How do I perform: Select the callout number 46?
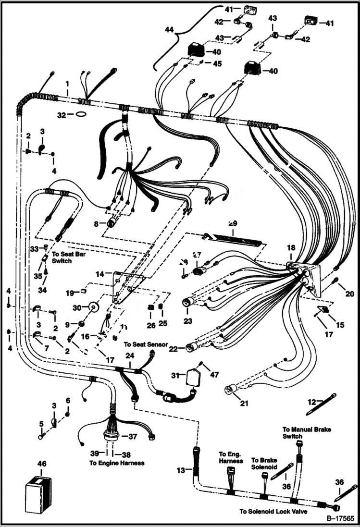point(42,464)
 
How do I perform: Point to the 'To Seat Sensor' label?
point(146,344)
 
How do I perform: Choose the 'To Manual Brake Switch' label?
point(300,432)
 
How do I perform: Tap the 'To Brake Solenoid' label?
point(264,463)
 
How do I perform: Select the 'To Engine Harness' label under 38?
point(117,463)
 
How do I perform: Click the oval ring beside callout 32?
point(81,115)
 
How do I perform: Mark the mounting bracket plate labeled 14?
point(129,287)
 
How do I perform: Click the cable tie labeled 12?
point(321,404)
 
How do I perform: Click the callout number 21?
point(244,403)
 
